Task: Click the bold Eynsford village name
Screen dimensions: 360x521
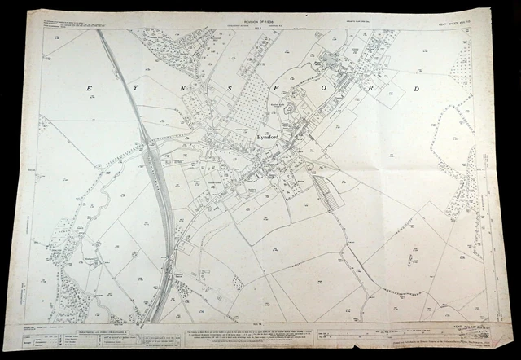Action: (268, 137)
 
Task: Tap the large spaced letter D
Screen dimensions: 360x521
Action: (417, 87)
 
